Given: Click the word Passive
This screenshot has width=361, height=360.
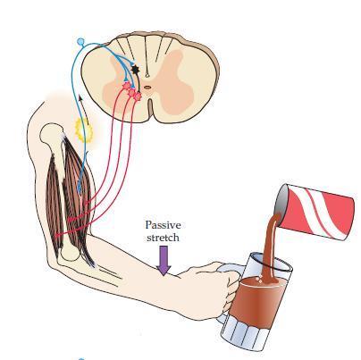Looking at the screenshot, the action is point(163,225).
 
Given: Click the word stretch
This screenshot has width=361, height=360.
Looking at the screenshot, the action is point(163,238).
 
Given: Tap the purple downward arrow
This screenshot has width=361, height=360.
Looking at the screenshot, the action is point(164,260).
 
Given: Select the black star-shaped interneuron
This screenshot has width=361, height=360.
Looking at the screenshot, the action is point(136,70).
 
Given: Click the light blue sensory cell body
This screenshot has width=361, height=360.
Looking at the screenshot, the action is point(80,41).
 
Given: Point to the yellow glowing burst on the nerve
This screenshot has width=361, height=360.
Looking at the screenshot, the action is point(84,130).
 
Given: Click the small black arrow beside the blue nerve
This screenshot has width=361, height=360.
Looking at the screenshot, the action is point(83,105).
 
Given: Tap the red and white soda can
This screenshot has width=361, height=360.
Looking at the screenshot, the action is point(315,211).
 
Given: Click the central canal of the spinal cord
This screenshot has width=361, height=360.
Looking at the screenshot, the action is point(147,88).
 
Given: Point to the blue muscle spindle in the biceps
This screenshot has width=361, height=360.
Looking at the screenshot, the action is point(80,186).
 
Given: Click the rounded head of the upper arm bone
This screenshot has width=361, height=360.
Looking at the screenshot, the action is point(52,133).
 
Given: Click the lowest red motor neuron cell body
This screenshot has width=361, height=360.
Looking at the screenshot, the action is point(138,96).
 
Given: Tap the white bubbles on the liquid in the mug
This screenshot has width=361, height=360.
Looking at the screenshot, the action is point(260,280).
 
